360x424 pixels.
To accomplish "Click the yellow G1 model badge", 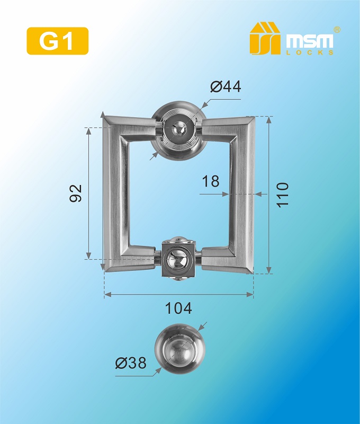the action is (58, 41).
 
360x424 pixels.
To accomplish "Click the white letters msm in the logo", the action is (310, 42).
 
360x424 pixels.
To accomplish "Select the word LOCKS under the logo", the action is (310, 52).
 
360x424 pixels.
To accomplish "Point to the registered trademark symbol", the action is (337, 30).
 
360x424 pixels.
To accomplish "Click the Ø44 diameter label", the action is (226, 87).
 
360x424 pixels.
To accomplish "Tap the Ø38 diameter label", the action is (131, 363).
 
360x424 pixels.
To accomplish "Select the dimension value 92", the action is (76, 193).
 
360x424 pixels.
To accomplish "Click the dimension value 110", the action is (283, 195).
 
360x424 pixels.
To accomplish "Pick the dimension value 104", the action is (178, 308).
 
